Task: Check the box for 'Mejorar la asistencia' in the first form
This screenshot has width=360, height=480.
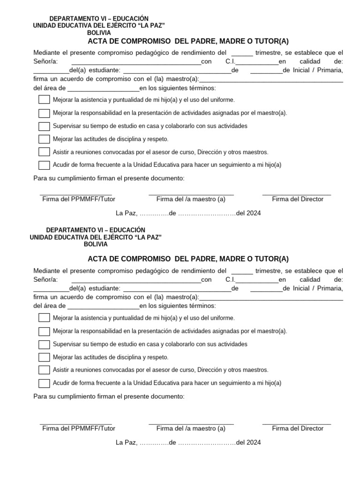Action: click(x=44, y=100)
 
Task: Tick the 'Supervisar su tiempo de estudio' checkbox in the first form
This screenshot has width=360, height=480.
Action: click(x=44, y=126)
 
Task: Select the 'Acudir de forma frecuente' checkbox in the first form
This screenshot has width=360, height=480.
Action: click(x=44, y=165)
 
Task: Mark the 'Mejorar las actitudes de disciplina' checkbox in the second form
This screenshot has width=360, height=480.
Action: click(x=44, y=357)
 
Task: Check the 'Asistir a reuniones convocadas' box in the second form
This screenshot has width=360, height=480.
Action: click(x=44, y=370)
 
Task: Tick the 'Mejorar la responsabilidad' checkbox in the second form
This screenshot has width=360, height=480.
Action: click(x=44, y=331)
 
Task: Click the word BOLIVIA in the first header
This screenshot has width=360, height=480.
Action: click(x=99, y=33)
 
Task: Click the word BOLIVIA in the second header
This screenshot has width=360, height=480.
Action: click(x=96, y=244)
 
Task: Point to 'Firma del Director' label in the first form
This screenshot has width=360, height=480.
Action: click(x=298, y=199)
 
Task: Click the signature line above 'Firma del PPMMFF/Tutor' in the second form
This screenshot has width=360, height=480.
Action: click(x=76, y=423)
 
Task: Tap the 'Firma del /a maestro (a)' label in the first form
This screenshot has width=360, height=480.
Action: click(x=191, y=199)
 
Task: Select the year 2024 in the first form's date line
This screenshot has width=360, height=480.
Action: click(x=254, y=213)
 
